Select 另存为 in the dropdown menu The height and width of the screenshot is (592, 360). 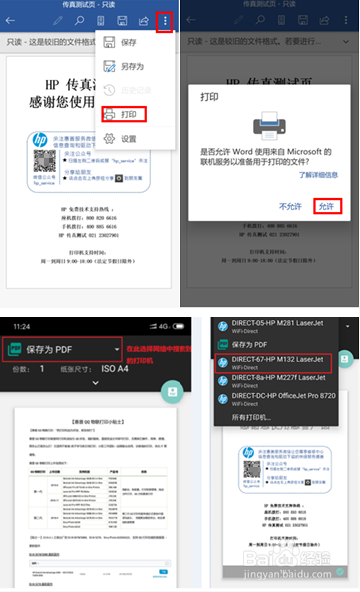[131, 67]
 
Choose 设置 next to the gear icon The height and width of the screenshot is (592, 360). [128, 139]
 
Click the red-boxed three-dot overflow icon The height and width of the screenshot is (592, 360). [164, 20]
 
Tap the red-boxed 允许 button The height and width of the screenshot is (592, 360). [324, 206]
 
